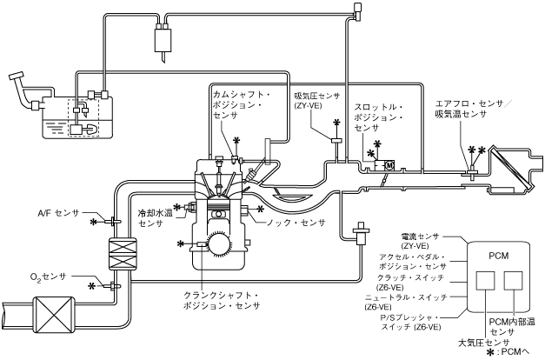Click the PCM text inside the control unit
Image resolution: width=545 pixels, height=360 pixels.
pyautogui.click(x=498, y=256)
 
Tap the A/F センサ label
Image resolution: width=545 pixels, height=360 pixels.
pyautogui.click(x=58, y=212)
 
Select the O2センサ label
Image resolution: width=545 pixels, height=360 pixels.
pyautogui.click(x=48, y=277)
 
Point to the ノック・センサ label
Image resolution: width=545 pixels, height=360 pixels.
pyautogui.click(x=296, y=223)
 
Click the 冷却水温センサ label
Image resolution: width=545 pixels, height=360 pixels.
pyautogui.click(x=155, y=218)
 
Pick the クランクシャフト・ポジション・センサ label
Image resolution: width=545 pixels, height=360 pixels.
pyautogui.click(x=222, y=301)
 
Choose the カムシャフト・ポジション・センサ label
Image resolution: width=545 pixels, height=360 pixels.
pyautogui.click(x=242, y=105)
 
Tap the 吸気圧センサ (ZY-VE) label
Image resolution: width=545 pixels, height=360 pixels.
pyautogui.click(x=316, y=100)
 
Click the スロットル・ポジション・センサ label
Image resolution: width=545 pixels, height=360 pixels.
pyautogui.click(x=378, y=117)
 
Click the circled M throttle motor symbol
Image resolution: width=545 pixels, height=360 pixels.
pyautogui.click(x=389, y=165)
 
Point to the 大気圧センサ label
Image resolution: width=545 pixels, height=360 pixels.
pyautogui.click(x=483, y=343)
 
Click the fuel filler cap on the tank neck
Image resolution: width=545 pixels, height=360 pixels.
pyautogui.click(x=16, y=76)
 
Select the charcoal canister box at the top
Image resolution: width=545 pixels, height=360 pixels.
pyautogui.click(x=163, y=40)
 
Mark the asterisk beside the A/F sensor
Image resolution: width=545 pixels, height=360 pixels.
pyautogui.click(x=94, y=223)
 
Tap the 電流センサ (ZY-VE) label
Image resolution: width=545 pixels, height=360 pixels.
pyautogui.click(x=420, y=241)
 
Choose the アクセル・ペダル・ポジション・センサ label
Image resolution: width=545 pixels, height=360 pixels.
pyautogui.click(x=413, y=262)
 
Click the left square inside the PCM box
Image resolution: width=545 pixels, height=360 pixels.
pyautogui.click(x=485, y=280)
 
